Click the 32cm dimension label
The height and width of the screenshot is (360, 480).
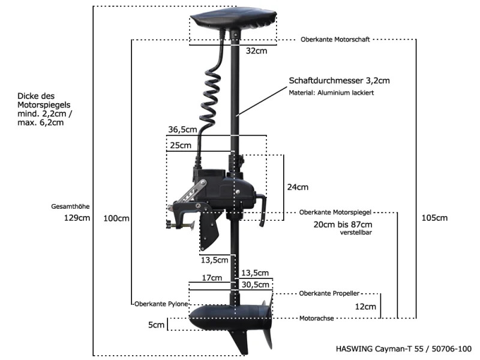click(256, 51)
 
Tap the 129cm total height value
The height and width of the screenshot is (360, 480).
click(77, 218)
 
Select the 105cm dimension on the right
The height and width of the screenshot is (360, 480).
click(434, 218)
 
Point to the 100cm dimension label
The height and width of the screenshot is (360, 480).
click(116, 218)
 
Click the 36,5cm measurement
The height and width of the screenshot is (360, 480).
click(182, 130)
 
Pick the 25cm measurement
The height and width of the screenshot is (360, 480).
click(181, 145)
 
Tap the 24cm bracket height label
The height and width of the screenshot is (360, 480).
click(298, 187)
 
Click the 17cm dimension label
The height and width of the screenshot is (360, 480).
click(212, 278)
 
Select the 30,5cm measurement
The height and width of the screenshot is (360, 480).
click(256, 284)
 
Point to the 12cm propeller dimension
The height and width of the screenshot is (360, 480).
click(365, 307)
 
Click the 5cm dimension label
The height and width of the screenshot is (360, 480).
click(156, 325)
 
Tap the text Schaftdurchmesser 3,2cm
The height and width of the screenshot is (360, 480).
click(339, 81)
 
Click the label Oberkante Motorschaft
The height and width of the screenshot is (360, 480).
click(335, 40)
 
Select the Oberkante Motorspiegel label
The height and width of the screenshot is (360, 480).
click(335, 212)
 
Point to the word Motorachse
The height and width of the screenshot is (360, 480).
click(317, 319)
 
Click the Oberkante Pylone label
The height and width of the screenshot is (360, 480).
click(161, 304)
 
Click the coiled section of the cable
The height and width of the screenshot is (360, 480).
click(211, 98)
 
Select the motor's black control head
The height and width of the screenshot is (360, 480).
click(233, 19)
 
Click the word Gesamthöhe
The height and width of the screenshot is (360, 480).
click(70, 206)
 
